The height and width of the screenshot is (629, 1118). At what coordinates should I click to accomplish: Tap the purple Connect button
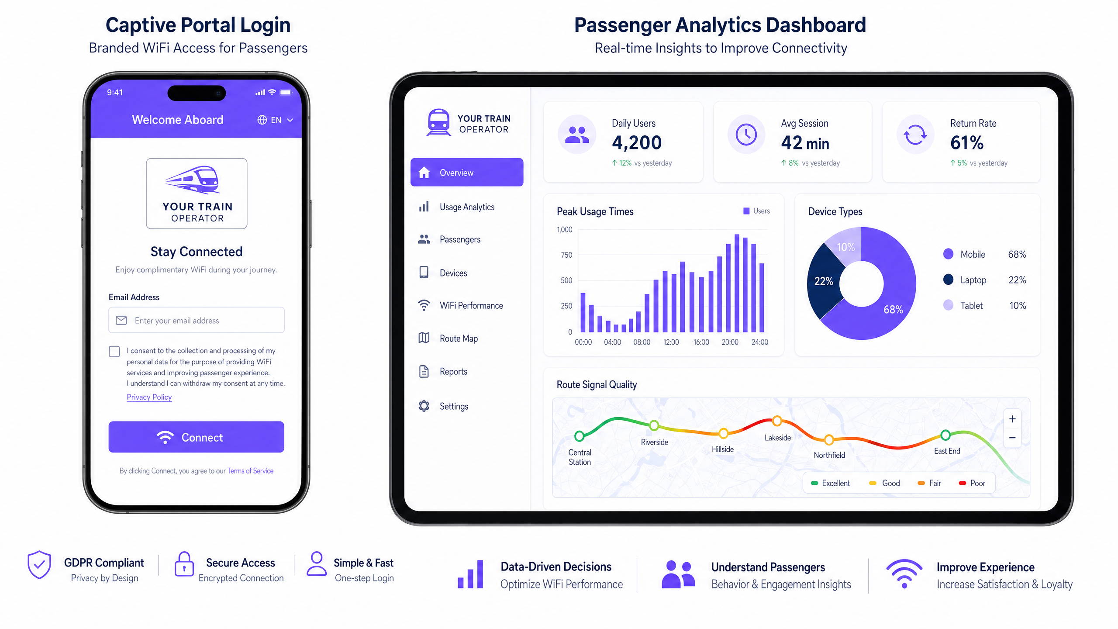click(196, 437)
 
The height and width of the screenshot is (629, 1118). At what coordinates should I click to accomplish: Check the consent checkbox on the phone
click(114, 351)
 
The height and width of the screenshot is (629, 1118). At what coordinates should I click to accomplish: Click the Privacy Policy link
click(149, 397)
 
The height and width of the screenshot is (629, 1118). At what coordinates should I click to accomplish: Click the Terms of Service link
click(250, 470)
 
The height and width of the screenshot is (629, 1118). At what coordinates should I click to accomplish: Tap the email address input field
click(197, 320)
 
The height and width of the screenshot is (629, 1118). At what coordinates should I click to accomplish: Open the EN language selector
click(275, 120)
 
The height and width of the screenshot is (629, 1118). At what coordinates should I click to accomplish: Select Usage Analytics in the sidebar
click(466, 207)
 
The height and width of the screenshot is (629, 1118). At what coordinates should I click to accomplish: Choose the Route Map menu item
click(458, 338)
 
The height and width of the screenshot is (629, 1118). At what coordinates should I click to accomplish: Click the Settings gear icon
click(424, 406)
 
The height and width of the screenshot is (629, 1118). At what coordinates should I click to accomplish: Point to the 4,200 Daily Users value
click(636, 142)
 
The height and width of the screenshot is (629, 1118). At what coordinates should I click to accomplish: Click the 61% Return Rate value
click(966, 142)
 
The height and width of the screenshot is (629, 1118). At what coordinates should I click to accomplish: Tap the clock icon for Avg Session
click(746, 135)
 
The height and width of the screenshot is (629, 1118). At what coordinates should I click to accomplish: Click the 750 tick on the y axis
click(566, 255)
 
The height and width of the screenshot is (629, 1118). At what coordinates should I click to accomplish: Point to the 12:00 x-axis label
click(671, 342)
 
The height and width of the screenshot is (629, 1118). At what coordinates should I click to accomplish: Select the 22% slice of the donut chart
click(824, 281)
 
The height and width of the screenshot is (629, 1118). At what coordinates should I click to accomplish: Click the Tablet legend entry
click(971, 305)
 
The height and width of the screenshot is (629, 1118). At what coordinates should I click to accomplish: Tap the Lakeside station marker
click(777, 421)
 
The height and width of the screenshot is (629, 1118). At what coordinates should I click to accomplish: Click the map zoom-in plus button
click(1012, 419)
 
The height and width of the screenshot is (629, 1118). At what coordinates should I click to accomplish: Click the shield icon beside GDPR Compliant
click(39, 564)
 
